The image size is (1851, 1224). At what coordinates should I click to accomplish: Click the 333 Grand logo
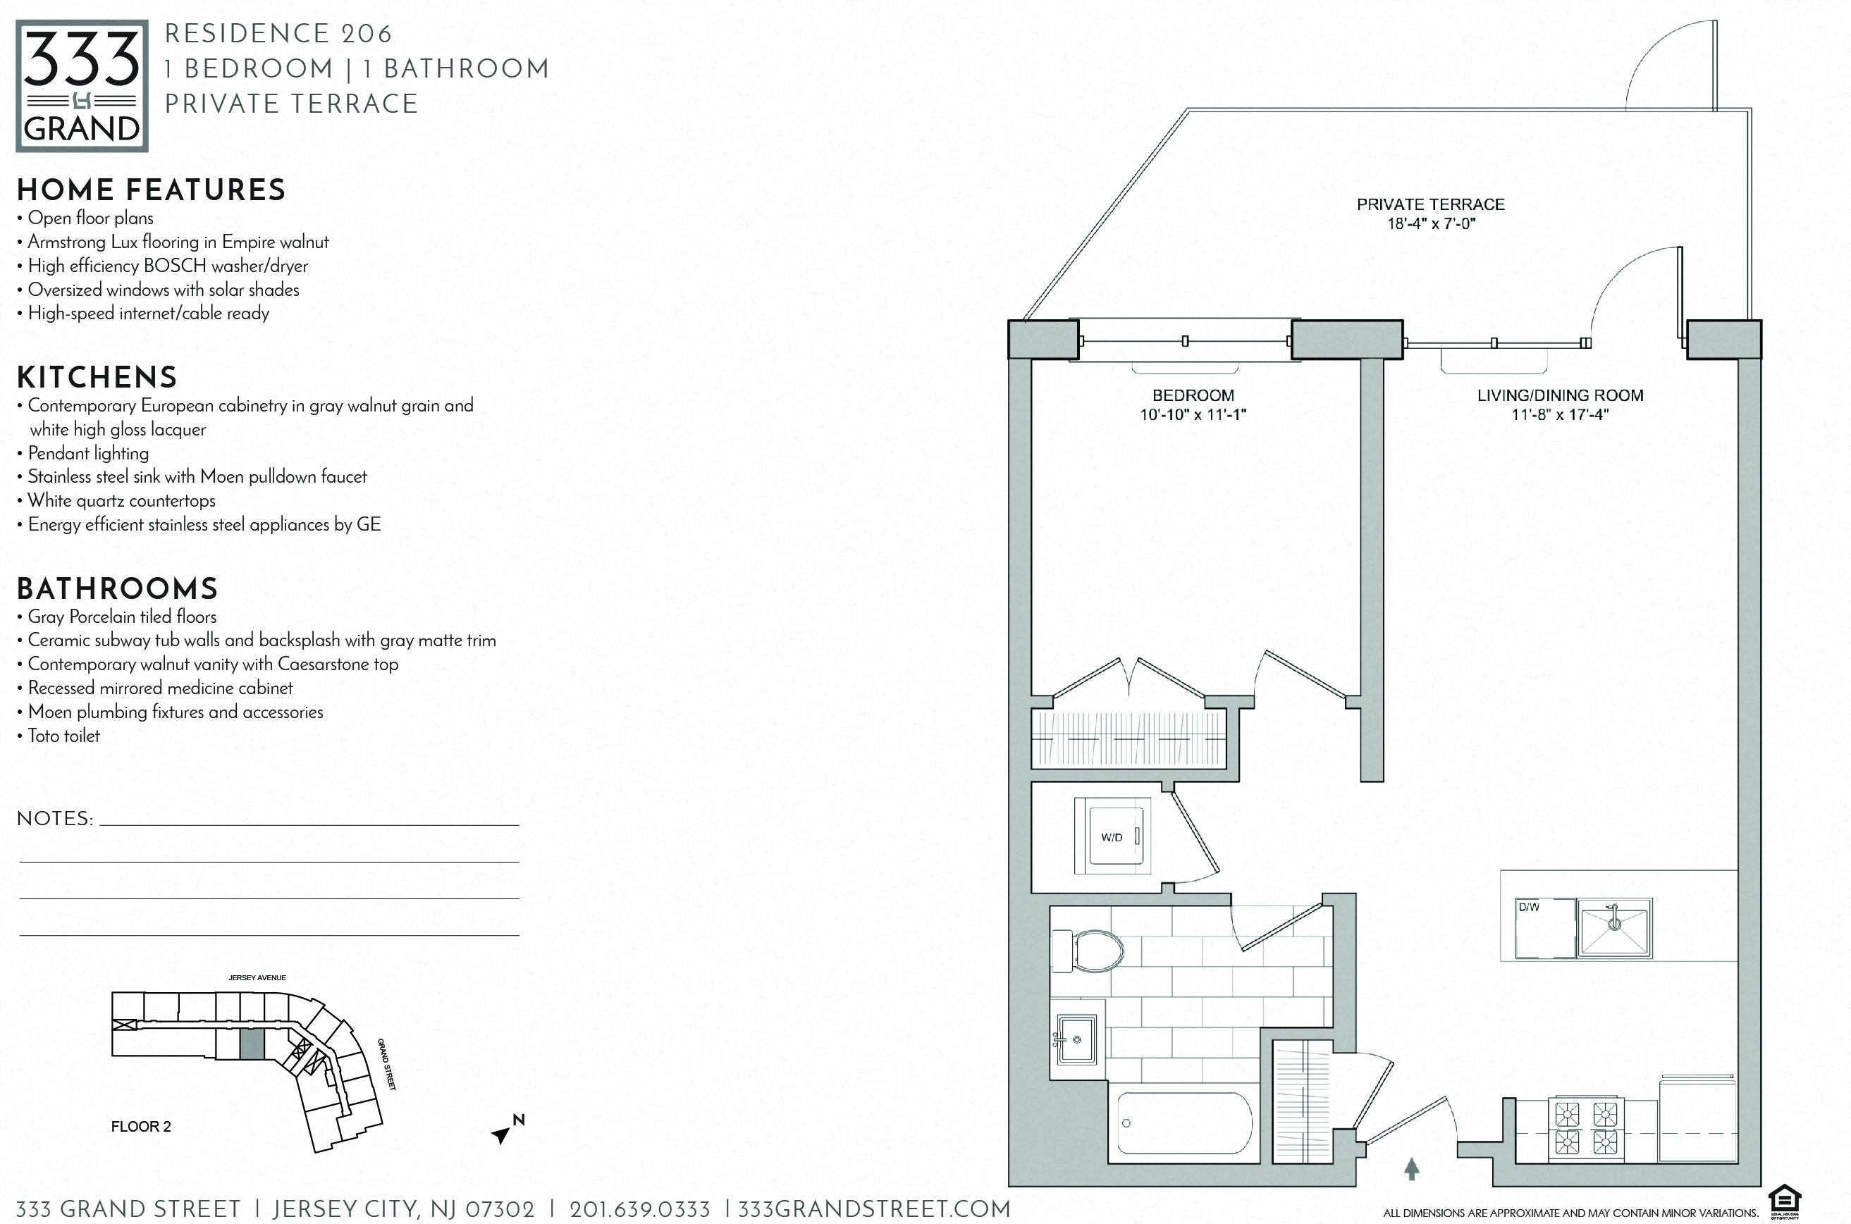click(x=82, y=86)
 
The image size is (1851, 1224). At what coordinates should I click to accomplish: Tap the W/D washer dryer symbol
click(x=1112, y=837)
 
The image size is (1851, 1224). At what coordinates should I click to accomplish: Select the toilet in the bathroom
click(x=1088, y=951)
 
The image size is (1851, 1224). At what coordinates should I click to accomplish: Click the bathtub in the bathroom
click(x=1184, y=1123)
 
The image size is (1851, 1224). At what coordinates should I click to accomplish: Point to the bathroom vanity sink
click(x=1076, y=1039)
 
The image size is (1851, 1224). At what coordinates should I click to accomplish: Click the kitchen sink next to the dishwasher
click(x=1614, y=927)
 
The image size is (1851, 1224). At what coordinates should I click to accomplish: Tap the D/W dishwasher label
click(x=1529, y=907)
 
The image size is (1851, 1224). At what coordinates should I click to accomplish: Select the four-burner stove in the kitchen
click(x=1587, y=1128)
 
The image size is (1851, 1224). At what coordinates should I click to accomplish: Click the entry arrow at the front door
click(x=1411, y=1168)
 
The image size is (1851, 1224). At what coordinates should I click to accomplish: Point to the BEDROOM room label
click(x=1193, y=396)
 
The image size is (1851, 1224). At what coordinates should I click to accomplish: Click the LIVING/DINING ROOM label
click(x=1560, y=396)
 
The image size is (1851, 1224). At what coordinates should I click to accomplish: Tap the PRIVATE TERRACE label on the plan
click(x=1430, y=204)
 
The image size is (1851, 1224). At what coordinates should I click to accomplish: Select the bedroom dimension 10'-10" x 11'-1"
click(x=1193, y=414)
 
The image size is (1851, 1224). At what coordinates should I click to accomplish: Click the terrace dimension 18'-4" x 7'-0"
click(x=1431, y=224)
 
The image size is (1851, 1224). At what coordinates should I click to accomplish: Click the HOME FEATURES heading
click(x=152, y=190)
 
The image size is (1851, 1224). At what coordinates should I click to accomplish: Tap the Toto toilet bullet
click(x=59, y=736)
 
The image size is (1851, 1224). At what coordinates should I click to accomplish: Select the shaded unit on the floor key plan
click(x=252, y=1044)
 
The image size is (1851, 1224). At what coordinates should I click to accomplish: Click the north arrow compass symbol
click(x=508, y=1129)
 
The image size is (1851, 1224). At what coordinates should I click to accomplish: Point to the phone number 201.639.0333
click(x=639, y=1210)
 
